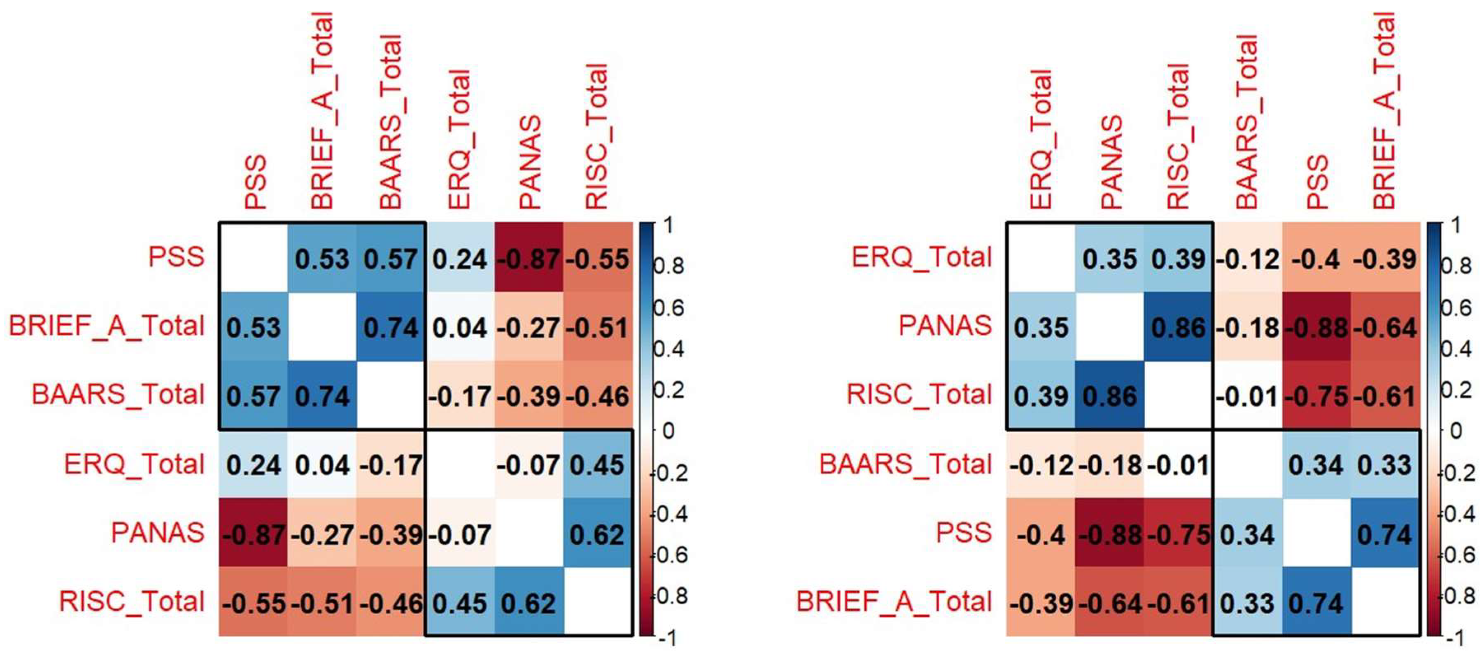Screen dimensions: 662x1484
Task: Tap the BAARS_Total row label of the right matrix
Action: pos(905,464)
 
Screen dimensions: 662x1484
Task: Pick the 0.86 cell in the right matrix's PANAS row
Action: pos(1179,327)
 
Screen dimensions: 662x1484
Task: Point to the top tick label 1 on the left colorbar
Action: pos(668,225)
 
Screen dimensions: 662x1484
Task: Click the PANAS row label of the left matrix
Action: pos(157,532)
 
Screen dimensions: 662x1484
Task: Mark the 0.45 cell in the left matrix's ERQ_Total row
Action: pos(597,464)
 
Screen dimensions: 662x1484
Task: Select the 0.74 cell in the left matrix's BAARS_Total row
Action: pos(322,395)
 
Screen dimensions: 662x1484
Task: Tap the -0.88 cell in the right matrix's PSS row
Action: pos(1109,534)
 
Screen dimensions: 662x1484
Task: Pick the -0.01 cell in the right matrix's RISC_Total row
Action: pos(1248,395)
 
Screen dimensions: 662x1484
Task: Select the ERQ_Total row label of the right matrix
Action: pos(922,257)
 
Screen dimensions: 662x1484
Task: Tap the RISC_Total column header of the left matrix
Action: pos(597,137)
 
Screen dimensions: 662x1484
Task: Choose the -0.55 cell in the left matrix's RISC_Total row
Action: pos(254,602)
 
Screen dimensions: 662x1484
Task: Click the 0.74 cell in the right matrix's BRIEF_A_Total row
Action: pos(1317,602)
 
